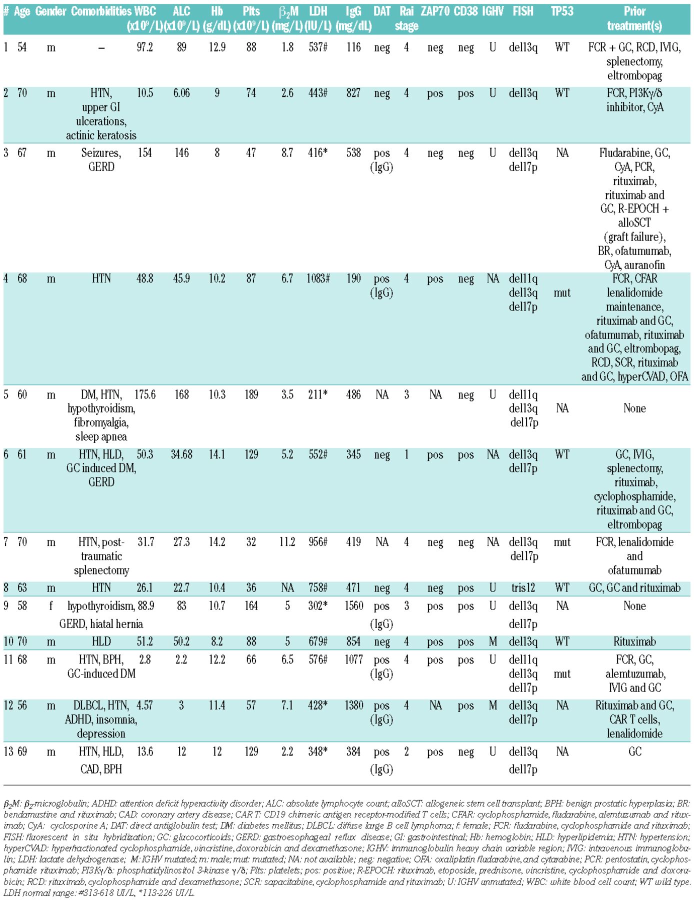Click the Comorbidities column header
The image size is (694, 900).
[101, 11]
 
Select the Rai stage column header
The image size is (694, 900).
[406, 18]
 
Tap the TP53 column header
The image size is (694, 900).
[562, 11]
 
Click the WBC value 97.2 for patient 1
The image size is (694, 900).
[144, 47]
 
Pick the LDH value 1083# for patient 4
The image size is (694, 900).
[318, 279]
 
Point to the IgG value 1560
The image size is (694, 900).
[353, 606]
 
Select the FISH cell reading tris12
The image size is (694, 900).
[523, 588]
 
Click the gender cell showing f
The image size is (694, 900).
[51, 606]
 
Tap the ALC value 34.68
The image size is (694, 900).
[181, 454]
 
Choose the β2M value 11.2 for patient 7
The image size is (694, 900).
[287, 542]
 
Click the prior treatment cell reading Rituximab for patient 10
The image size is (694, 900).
[634, 642]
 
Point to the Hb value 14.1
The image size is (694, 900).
[217, 454]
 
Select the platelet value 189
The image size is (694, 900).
[251, 395]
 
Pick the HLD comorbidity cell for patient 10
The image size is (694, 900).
[101, 642]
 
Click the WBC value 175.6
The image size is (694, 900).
[144, 395]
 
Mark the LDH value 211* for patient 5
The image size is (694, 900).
[318, 395]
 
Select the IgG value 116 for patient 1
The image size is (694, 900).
[353, 47]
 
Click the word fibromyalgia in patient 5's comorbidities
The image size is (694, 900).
[101, 422]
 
